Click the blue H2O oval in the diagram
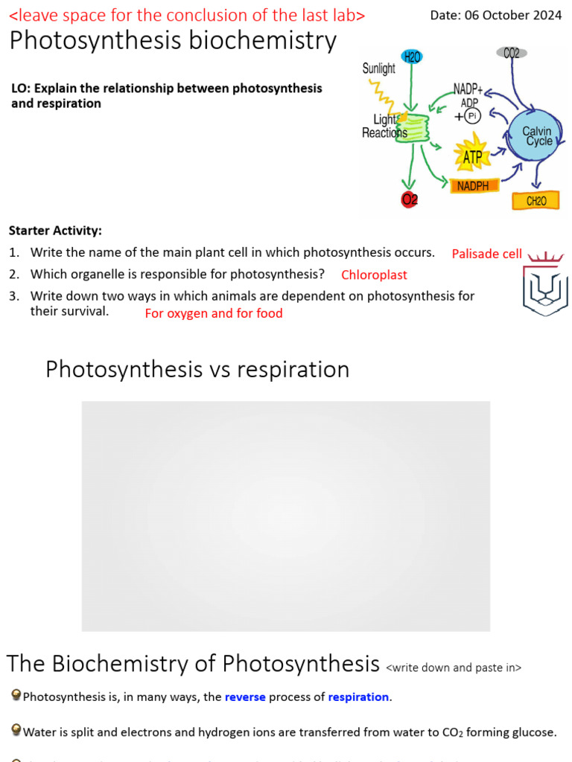tap(412, 57)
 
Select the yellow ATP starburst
tap(472, 156)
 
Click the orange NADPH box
tap(473, 185)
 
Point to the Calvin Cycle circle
tap(538, 136)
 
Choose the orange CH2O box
tap(536, 200)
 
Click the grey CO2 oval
tap(512, 53)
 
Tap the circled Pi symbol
tap(473, 115)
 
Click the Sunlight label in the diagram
tap(379, 68)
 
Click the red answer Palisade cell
tap(486, 254)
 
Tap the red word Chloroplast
tap(374, 275)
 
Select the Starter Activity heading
tap(56, 231)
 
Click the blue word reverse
tap(245, 697)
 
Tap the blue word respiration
tap(358, 697)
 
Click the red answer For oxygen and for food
tap(214, 313)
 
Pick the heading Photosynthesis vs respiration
tap(197, 369)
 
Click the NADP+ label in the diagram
tap(468, 90)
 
